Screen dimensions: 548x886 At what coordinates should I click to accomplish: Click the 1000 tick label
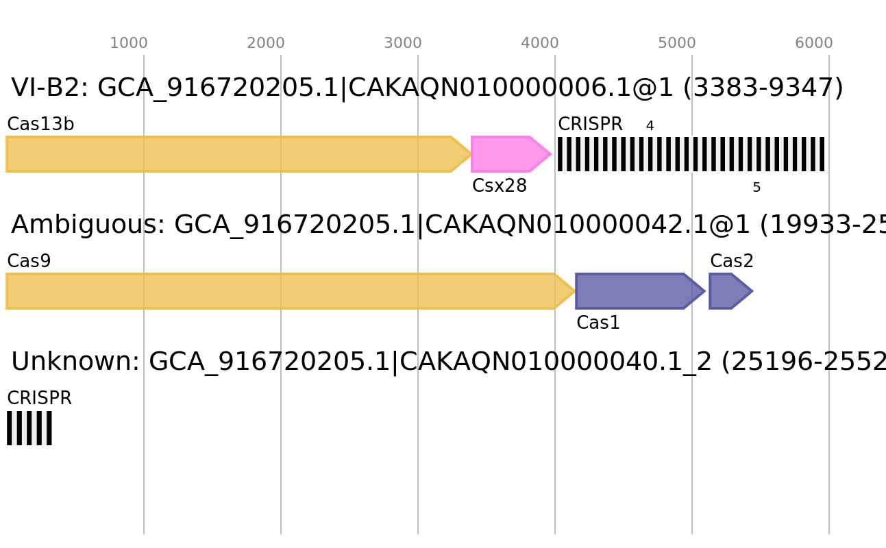pos(129,43)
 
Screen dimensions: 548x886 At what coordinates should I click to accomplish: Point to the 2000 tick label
pos(266,43)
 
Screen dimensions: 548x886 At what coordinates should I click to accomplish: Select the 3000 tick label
pos(403,43)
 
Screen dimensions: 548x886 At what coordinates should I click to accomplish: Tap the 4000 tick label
pos(540,43)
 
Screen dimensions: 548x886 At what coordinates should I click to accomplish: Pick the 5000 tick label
pos(677,43)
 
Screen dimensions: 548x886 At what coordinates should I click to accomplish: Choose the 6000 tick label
pos(814,43)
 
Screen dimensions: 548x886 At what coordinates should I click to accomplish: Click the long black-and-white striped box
pos(691,154)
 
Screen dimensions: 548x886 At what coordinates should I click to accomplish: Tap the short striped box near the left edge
pos(29,428)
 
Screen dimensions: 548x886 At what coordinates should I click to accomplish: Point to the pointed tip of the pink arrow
pos(551,154)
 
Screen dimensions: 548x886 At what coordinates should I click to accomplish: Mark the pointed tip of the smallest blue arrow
pos(753,291)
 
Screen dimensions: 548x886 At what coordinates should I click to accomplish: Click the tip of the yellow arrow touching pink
pos(471,154)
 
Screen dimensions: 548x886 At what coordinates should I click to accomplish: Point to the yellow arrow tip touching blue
pos(574,291)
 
